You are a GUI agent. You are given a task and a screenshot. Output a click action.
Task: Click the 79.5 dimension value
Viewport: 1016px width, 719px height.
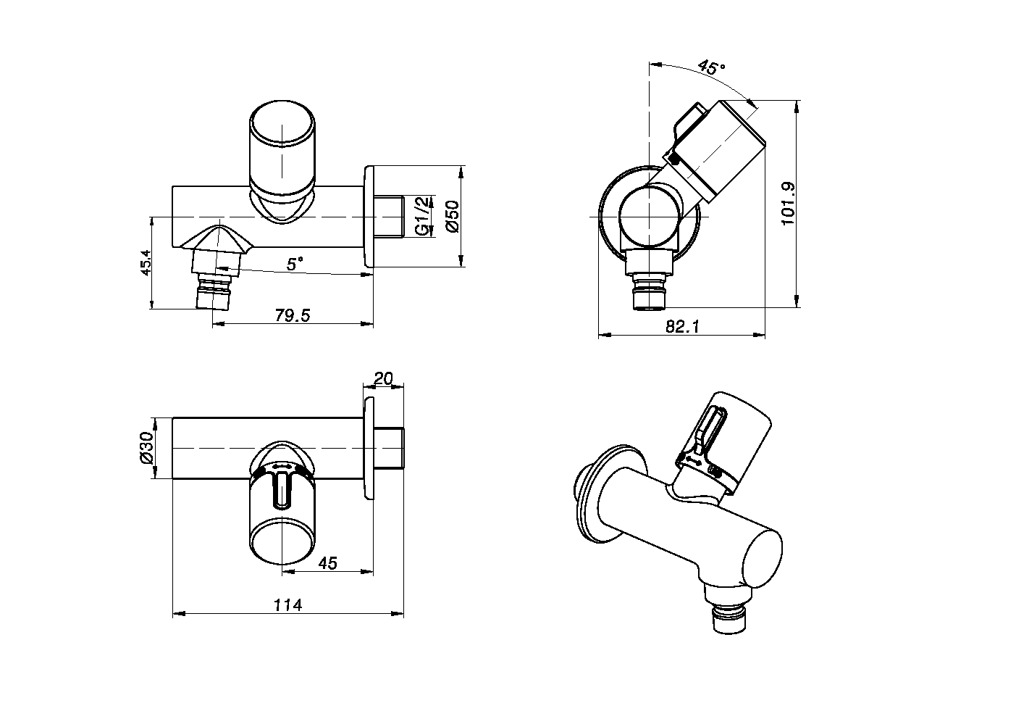tap(293, 315)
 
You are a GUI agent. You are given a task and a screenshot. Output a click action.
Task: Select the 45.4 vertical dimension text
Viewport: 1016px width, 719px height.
tap(146, 263)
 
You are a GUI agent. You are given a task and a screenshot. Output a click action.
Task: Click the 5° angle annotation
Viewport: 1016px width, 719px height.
tap(295, 264)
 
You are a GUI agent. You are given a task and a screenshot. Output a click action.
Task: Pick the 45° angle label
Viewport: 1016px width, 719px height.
tap(711, 67)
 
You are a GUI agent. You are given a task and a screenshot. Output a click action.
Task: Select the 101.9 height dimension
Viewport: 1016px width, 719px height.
tap(789, 204)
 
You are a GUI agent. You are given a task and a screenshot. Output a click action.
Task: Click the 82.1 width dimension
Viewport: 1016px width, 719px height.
tap(682, 327)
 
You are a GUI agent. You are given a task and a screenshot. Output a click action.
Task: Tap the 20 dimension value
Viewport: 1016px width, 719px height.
tap(383, 378)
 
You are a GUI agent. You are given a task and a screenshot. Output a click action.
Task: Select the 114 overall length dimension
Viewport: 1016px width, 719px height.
tap(287, 604)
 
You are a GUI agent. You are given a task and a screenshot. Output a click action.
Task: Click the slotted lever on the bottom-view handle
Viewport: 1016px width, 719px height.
tap(282, 490)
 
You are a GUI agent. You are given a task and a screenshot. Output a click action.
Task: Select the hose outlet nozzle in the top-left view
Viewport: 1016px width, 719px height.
tap(215, 286)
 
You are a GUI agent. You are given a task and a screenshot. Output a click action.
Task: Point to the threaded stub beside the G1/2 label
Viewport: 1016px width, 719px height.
tap(390, 217)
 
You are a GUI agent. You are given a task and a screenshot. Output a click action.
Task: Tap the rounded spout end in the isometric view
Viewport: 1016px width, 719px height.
tap(760, 558)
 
